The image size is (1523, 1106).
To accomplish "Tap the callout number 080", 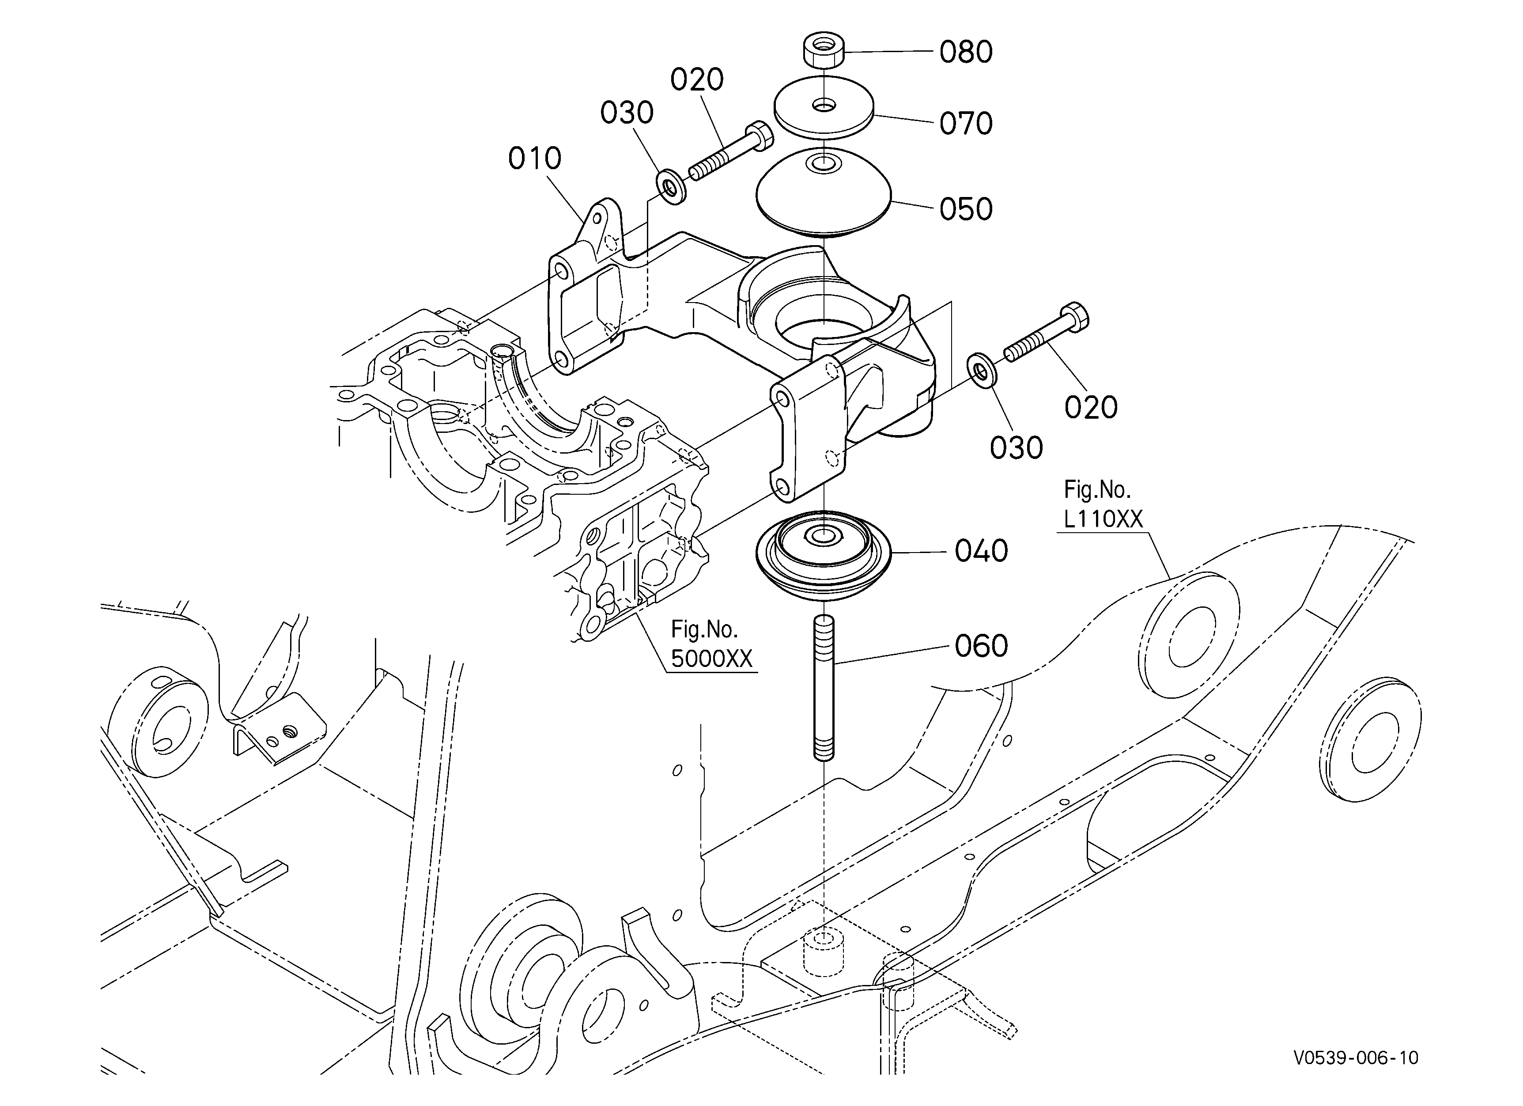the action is coord(966,52).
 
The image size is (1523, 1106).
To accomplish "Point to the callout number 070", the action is coord(966,124).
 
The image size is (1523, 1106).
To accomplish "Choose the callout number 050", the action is coord(966,209).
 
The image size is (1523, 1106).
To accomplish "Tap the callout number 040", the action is coord(981,551).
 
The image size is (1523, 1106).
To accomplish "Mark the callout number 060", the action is coord(981,646).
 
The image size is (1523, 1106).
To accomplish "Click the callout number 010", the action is coord(534,159).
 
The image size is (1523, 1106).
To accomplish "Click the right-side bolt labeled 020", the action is coord(1046,333).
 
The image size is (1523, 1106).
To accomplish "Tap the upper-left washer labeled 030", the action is coord(671,187).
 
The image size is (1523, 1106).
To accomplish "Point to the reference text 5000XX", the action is coord(712,659).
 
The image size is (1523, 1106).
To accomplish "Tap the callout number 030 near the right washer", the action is coord(1016,448).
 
